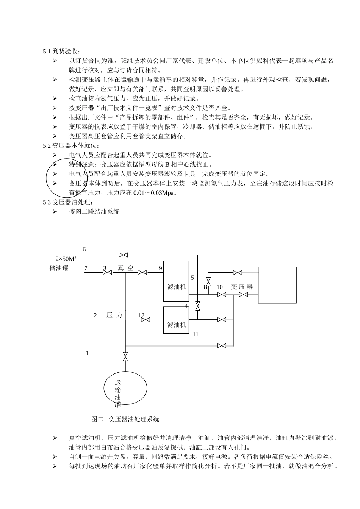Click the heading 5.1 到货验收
62,52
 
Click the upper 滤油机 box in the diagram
176,281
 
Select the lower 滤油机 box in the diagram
176,320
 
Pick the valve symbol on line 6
123,255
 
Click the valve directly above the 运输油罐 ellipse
125,356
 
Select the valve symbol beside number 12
145,320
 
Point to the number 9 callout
160,268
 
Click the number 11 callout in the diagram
196,334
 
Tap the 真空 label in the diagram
125,268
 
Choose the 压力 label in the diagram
114,315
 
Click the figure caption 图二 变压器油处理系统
125,419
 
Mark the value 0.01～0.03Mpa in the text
155,193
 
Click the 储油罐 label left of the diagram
59,268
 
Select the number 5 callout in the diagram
193,278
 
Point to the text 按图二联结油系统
94,211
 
